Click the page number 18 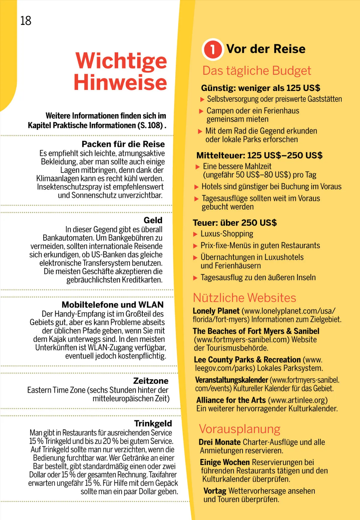pyautogui.click(x=26, y=21)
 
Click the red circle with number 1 pyautogui.click(x=213, y=49)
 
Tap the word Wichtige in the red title pyautogui.click(x=121, y=61)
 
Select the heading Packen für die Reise pyautogui.click(x=123, y=144)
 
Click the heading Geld pyautogui.click(x=153, y=220)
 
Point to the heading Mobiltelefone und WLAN pyautogui.click(x=112, y=305)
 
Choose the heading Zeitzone pyautogui.click(x=151, y=381)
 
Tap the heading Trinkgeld pyautogui.click(x=153, y=424)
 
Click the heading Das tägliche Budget pyautogui.click(x=256, y=71)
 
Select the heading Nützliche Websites pyautogui.click(x=244, y=298)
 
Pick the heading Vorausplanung pyautogui.click(x=239, y=429)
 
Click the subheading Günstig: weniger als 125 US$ pyautogui.click(x=260, y=88)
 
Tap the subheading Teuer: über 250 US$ pyautogui.click(x=235, y=223)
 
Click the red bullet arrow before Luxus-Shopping pyautogui.click(x=195, y=234)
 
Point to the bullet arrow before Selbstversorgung pyautogui.click(x=202, y=99)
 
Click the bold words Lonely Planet pyautogui.click(x=216, y=311)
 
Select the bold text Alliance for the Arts pyautogui.click(x=231, y=400)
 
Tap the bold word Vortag pyautogui.click(x=215, y=491)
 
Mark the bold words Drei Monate pyautogui.click(x=220, y=442)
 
